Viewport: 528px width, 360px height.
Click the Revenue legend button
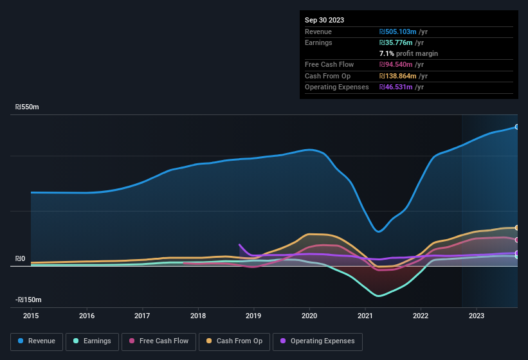tap(37, 341)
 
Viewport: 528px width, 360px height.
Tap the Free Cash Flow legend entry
tap(159, 341)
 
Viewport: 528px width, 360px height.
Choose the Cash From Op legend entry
tap(234, 341)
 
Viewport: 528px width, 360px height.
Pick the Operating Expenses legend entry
tap(317, 341)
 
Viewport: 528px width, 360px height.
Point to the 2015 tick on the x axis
tap(31, 316)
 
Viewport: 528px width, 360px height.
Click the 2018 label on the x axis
tap(198, 316)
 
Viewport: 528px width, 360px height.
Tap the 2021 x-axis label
tap(365, 316)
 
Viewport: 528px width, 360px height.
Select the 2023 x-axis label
tap(477, 316)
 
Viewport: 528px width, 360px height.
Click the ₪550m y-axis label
tap(28, 107)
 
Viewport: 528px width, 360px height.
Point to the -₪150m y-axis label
tap(29, 300)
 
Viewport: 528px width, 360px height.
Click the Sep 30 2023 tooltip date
tap(324, 20)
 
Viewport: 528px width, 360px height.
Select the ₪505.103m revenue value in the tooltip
tap(403, 32)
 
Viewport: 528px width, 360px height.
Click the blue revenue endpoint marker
tap(517, 127)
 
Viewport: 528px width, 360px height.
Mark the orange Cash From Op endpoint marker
tap(517, 228)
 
